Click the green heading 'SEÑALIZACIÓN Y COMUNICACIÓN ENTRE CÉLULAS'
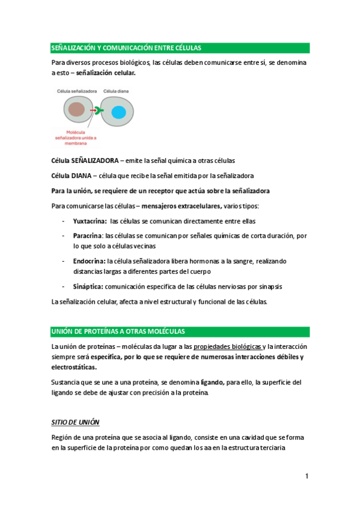tap(126, 48)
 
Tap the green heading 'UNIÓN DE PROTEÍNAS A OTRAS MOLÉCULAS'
tap(118, 332)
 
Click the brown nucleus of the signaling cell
tap(76, 109)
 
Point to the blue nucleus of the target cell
tap(118, 111)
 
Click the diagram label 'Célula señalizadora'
tap(77, 91)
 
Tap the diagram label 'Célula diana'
tap(115, 91)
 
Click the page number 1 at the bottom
tap(306, 477)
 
